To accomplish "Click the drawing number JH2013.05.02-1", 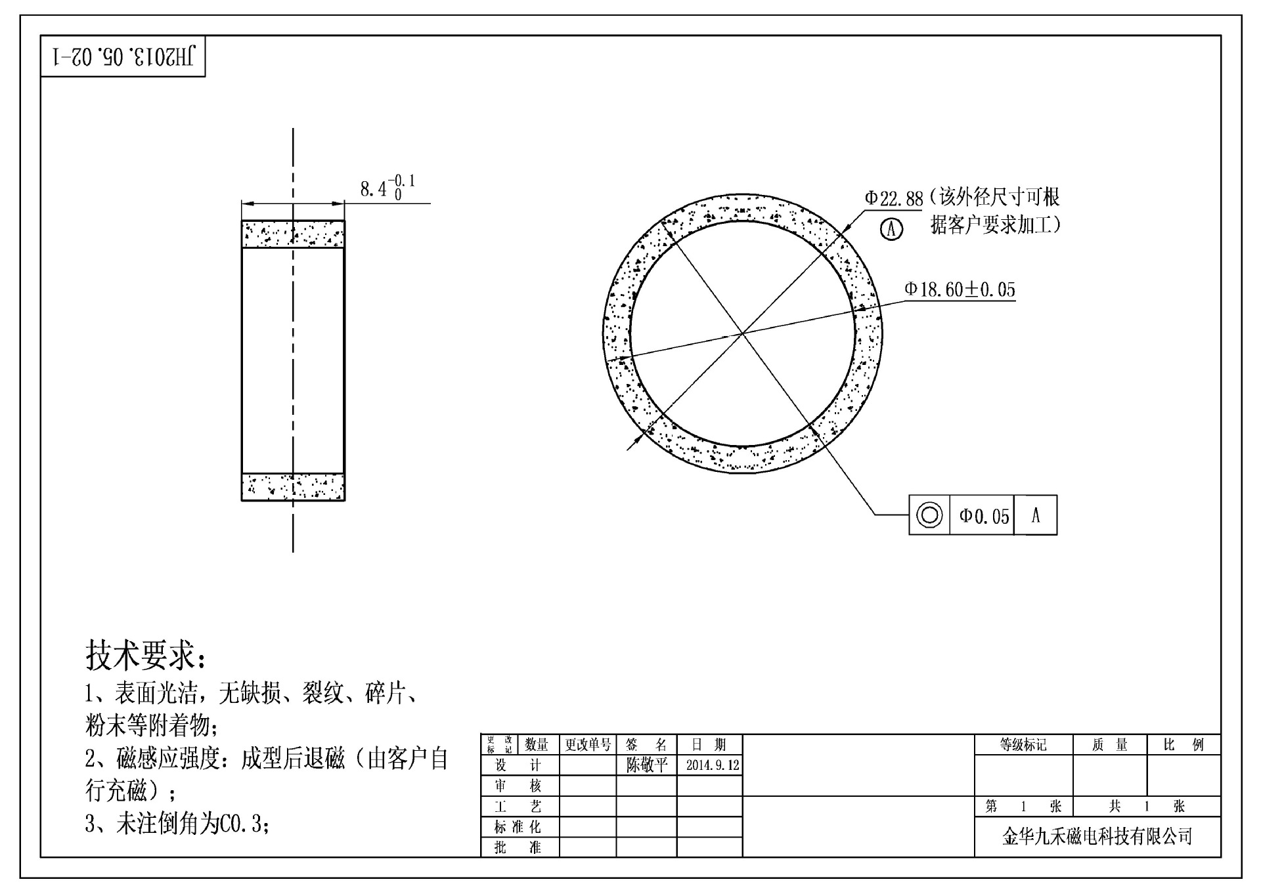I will click(x=123, y=56).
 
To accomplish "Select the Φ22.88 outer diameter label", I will click(x=893, y=198).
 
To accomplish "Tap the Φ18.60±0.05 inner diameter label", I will click(x=960, y=289).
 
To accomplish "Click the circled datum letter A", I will click(x=891, y=229).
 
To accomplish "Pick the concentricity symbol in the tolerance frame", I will click(x=929, y=515).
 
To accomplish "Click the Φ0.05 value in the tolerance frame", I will click(x=983, y=516).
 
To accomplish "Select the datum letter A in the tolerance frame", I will click(x=1036, y=515).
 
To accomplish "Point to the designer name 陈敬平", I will click(x=646, y=765).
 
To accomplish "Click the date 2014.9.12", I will click(x=712, y=765).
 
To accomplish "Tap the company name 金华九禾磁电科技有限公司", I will click(x=1097, y=837).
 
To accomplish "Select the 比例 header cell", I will click(x=1184, y=744).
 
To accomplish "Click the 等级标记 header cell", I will click(x=1023, y=744).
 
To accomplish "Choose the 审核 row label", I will click(x=518, y=786).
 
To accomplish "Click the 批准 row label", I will click(x=518, y=847).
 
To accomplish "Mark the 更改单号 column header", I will click(x=588, y=744).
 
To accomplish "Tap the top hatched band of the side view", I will click(x=293, y=234).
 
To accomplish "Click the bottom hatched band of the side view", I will click(x=293, y=487).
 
